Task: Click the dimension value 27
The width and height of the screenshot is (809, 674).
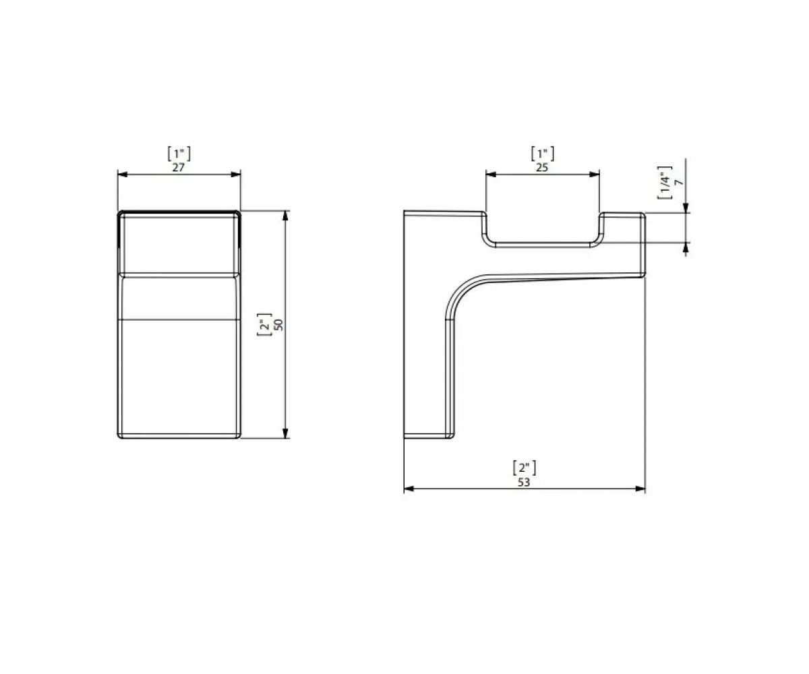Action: coord(179,167)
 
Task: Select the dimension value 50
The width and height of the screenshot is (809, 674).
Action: coord(279,325)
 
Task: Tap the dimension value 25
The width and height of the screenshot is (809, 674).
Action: coord(542,167)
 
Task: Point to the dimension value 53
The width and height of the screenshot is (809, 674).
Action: coord(524,483)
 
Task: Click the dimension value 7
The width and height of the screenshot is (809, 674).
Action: coord(679,183)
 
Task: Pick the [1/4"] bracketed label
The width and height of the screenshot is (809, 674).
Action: coord(665,183)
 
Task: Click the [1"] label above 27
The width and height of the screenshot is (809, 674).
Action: coord(179,154)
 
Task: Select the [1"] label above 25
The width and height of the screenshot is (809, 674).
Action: coord(543,154)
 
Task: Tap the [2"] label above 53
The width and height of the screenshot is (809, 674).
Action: coord(525,468)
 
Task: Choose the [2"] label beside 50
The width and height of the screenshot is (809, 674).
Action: coord(265,325)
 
